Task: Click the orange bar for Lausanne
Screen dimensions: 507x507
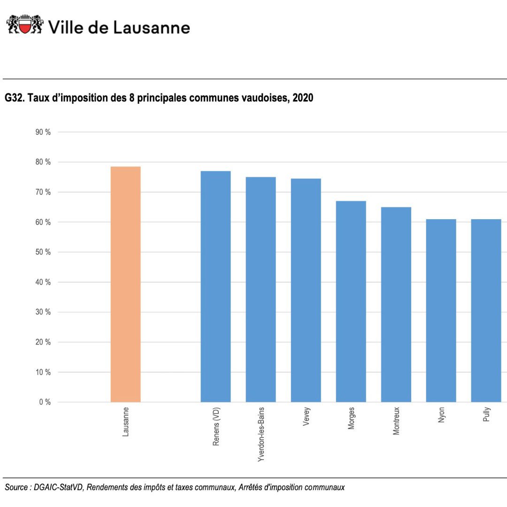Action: coord(125,284)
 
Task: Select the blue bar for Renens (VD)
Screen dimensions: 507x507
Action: coord(215,286)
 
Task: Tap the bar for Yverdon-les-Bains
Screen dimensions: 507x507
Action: coord(261,289)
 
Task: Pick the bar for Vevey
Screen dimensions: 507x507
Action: coord(306,290)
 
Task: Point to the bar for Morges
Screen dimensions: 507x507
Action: coord(351,301)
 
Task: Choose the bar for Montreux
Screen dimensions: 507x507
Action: coord(396,304)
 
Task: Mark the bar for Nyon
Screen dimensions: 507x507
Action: coord(441,310)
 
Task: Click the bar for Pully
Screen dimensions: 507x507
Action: coord(486,310)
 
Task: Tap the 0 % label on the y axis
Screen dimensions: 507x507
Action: coord(45,402)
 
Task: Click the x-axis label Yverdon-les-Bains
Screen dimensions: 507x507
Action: coord(261,435)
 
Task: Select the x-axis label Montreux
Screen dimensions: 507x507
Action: coord(396,421)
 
